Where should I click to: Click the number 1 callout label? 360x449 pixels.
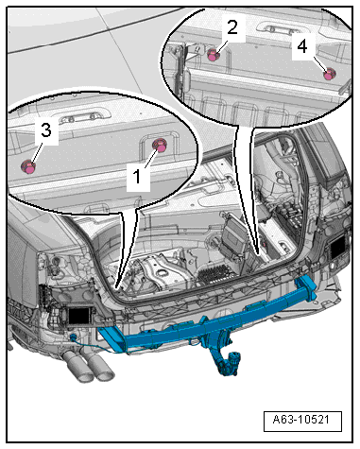tap(137, 176)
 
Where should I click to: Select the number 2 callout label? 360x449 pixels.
tap(232, 27)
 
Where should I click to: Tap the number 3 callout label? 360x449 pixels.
tap(46, 130)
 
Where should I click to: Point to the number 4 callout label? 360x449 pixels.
tap(301, 47)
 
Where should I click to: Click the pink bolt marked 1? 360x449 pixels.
tap(160, 146)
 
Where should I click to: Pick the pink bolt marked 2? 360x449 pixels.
tap(214, 55)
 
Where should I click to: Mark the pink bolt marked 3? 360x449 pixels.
tap(28, 166)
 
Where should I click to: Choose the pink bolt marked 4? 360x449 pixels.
tap(330, 74)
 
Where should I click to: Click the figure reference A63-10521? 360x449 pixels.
tap(301, 420)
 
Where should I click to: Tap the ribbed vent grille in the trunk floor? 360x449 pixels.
tap(216, 273)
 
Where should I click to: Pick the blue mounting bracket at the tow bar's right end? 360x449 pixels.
tap(308, 288)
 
